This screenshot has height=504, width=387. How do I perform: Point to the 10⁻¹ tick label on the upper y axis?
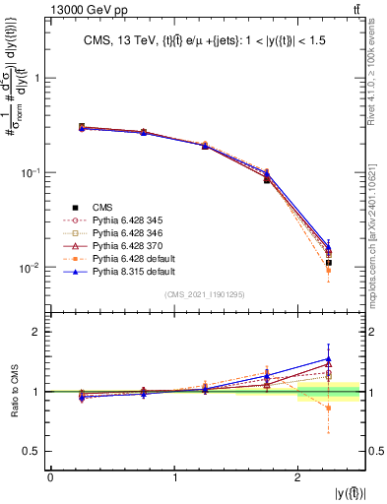pos(33,173)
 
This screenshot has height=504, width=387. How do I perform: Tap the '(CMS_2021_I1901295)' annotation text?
pos(205,294)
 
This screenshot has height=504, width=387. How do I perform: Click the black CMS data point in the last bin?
pos(329,263)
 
